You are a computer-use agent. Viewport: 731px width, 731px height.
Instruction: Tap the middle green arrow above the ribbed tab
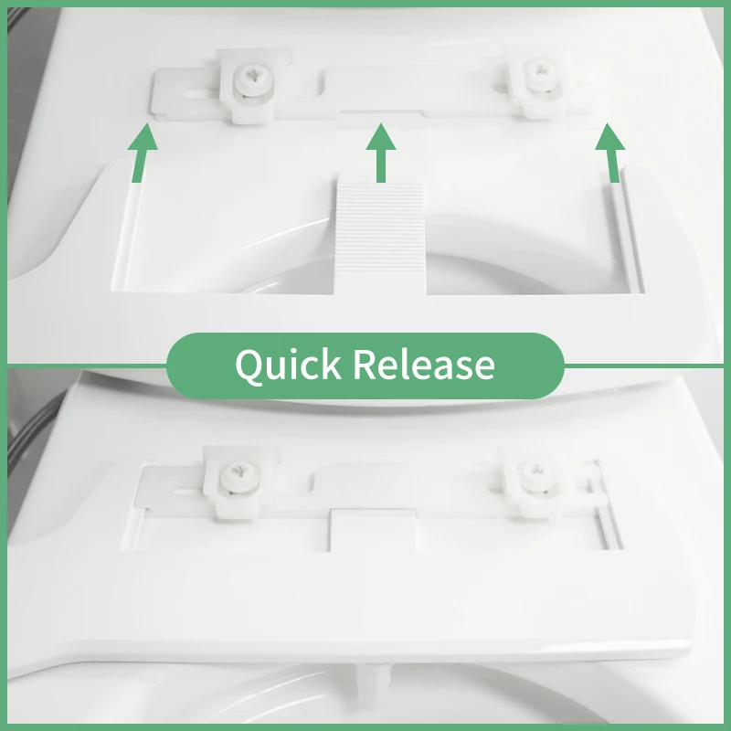point(381,153)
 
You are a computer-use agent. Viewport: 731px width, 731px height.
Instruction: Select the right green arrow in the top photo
point(609,153)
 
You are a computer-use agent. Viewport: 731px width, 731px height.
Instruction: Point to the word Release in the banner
point(424,365)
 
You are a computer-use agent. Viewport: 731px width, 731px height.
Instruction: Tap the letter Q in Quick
point(249,365)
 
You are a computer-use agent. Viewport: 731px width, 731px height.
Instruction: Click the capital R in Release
point(364,365)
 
